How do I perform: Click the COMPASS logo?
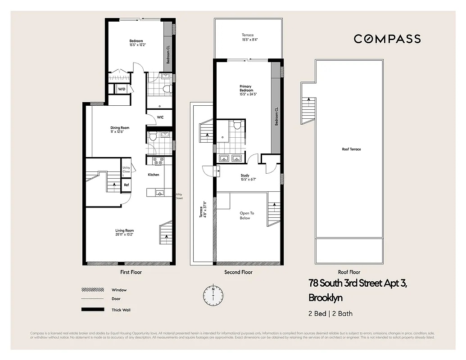point(387,39)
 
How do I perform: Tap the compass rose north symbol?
point(213,295)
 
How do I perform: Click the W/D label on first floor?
point(122,89)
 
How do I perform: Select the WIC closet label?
point(160,117)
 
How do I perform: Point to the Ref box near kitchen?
point(126,185)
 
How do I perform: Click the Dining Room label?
point(120,130)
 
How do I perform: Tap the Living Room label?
point(124,232)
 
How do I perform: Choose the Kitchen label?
point(154,175)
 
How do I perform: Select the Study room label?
point(245,178)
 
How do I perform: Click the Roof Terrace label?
point(351,149)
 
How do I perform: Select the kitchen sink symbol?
point(159,193)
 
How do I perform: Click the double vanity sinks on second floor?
point(231,158)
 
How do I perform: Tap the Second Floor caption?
point(238,272)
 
